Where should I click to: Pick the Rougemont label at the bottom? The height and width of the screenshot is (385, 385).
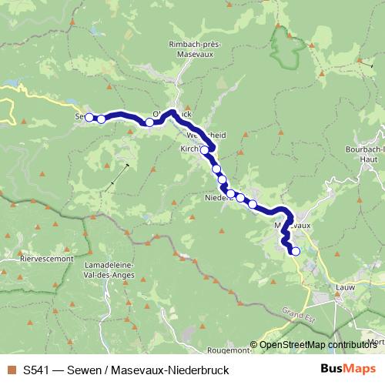(x=229, y=350)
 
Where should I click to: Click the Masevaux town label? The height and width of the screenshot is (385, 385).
(x=293, y=226)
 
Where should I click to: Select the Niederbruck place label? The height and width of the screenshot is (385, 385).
(x=219, y=198)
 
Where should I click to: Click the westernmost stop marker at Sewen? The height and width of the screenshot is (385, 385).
(x=89, y=117)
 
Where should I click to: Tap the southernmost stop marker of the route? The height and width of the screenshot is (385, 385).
(x=295, y=250)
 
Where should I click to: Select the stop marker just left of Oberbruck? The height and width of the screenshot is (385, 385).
(x=149, y=122)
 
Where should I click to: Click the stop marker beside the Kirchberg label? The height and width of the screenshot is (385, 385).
(x=205, y=150)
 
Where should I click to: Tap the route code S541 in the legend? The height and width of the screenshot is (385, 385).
(x=36, y=370)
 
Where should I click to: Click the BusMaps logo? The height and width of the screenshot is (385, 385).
(x=348, y=369)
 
